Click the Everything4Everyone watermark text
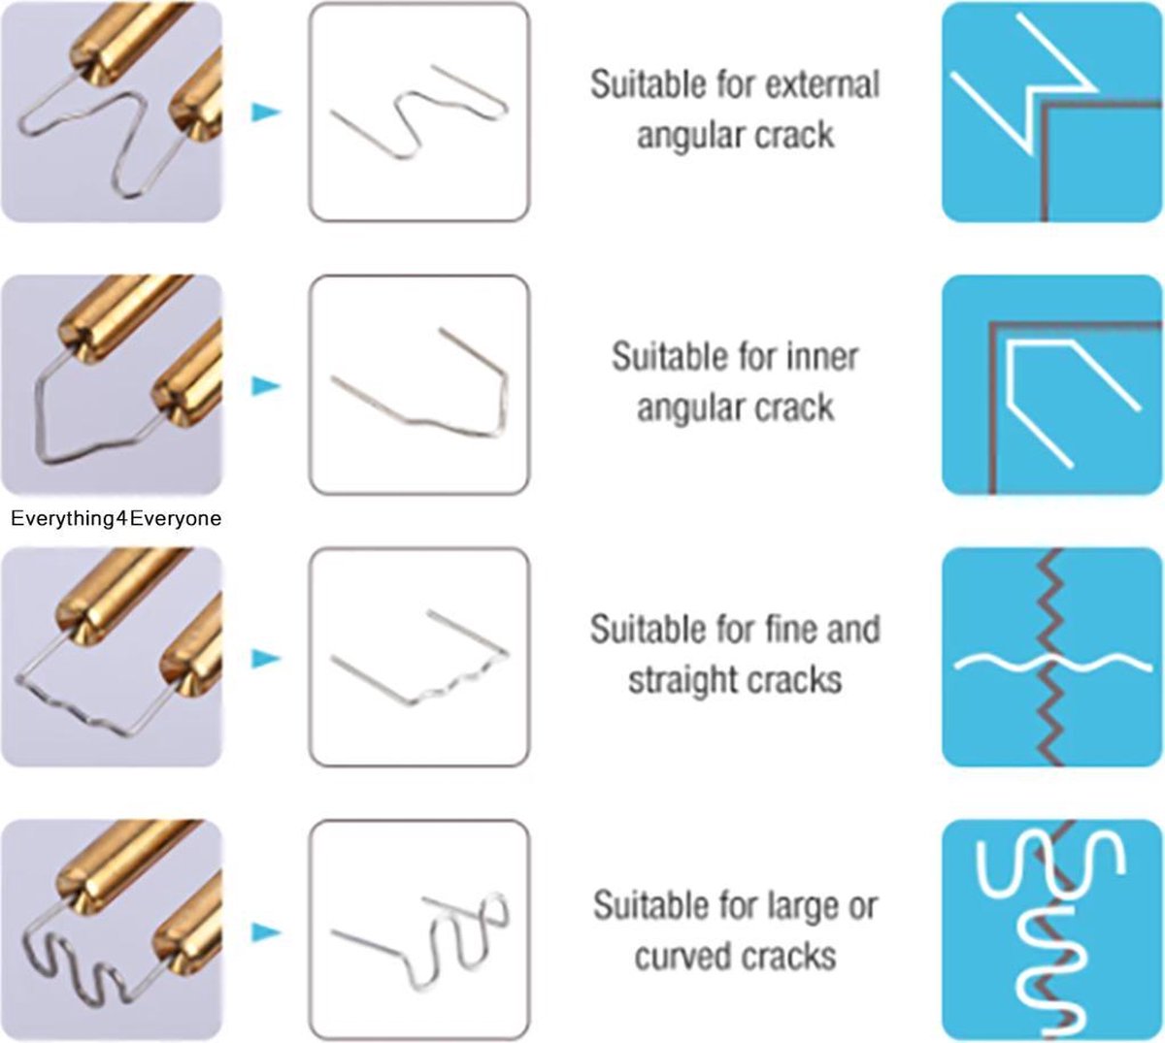coord(116,519)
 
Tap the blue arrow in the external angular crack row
coord(266,113)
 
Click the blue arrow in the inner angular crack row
coord(266,385)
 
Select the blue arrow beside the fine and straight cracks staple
coord(266,659)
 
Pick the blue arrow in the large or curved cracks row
coord(266,932)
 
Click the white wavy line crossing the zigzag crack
coord(1052,663)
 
